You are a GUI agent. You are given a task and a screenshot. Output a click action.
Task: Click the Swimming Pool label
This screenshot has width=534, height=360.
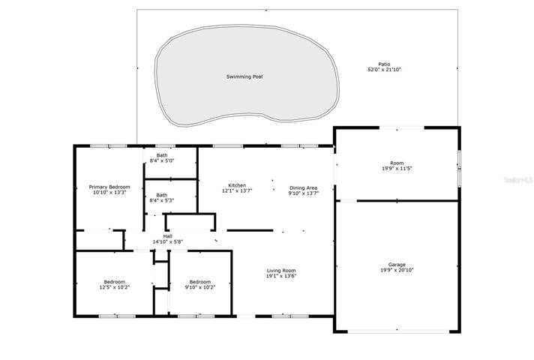point(244,76)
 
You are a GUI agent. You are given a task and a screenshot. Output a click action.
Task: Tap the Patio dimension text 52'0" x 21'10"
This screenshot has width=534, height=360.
point(384,70)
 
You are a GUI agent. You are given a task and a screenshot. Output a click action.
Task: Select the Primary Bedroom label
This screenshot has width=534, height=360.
point(109,187)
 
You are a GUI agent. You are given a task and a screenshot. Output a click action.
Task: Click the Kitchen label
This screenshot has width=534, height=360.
point(237,185)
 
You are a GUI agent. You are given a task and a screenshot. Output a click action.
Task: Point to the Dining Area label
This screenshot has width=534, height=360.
point(304,187)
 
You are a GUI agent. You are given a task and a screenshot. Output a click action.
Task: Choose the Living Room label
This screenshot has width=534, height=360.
point(281,271)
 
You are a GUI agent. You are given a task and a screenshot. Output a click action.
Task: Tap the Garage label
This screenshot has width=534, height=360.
point(397,265)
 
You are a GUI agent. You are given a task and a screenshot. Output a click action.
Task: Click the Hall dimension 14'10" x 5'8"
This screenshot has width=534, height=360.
point(168,241)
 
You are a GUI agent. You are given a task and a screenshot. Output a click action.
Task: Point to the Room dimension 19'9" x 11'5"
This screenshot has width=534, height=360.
point(397,168)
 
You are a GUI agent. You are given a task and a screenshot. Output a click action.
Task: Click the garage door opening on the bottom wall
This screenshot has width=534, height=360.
point(398,330)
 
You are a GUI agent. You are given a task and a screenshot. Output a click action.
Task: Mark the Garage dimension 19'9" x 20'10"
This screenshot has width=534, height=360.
point(397,270)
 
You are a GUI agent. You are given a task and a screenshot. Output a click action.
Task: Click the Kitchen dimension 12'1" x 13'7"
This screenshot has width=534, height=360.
point(237,190)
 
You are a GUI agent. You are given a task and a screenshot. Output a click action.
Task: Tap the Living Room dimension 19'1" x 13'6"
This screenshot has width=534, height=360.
point(281,276)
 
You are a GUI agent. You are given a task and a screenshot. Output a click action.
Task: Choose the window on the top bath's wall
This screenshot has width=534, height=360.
point(165,146)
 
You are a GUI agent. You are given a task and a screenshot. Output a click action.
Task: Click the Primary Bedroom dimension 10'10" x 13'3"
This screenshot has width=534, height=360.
point(109,193)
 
